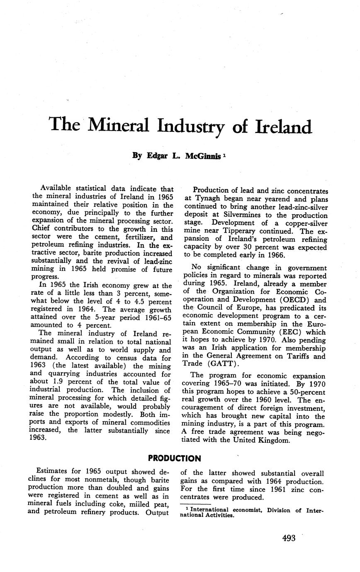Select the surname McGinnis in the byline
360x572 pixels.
pyautogui.click(x=200, y=156)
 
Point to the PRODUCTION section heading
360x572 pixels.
pyautogui.click(x=174, y=458)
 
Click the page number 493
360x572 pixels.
pyautogui.click(x=289, y=538)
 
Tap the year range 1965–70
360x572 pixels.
pyautogui.click(x=231, y=384)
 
